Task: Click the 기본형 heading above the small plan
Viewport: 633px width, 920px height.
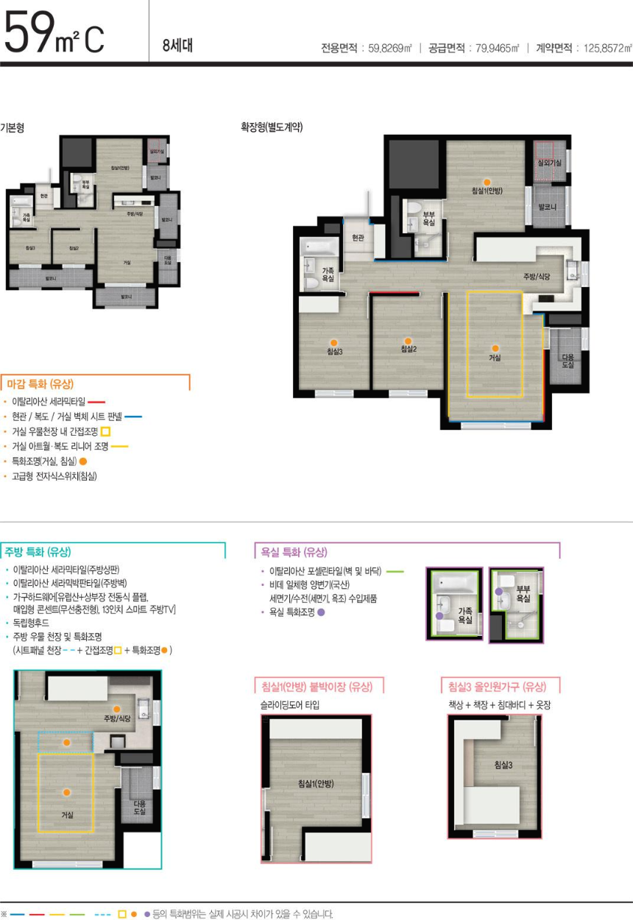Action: [13, 127]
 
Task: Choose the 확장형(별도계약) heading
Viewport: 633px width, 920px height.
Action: [272, 127]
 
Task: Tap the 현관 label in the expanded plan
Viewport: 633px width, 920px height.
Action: [358, 237]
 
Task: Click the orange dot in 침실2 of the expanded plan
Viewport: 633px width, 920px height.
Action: [408, 340]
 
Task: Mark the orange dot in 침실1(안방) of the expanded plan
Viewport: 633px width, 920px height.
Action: [486, 181]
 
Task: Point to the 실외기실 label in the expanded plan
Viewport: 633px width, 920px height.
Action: [550, 162]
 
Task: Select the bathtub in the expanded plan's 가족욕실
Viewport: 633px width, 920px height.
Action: [317, 247]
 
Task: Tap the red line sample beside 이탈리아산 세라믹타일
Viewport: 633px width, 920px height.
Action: [97, 403]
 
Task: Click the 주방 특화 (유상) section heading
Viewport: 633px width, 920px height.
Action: [38, 551]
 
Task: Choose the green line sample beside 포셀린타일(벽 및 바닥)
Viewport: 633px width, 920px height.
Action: [395, 571]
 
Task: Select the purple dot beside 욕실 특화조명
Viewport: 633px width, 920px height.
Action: [320, 612]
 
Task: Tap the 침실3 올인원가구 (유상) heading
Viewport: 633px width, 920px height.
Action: [497, 687]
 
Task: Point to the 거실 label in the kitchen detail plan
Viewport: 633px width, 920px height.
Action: [67, 814]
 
